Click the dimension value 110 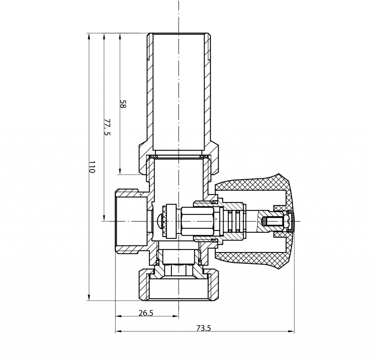click(x=92, y=167)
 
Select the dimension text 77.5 click(x=107, y=127)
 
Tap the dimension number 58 click(x=122, y=104)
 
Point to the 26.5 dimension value click(x=146, y=313)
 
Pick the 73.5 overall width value click(x=204, y=328)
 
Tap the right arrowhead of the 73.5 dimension click(x=291, y=331)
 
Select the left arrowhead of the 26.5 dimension click(x=119, y=316)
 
